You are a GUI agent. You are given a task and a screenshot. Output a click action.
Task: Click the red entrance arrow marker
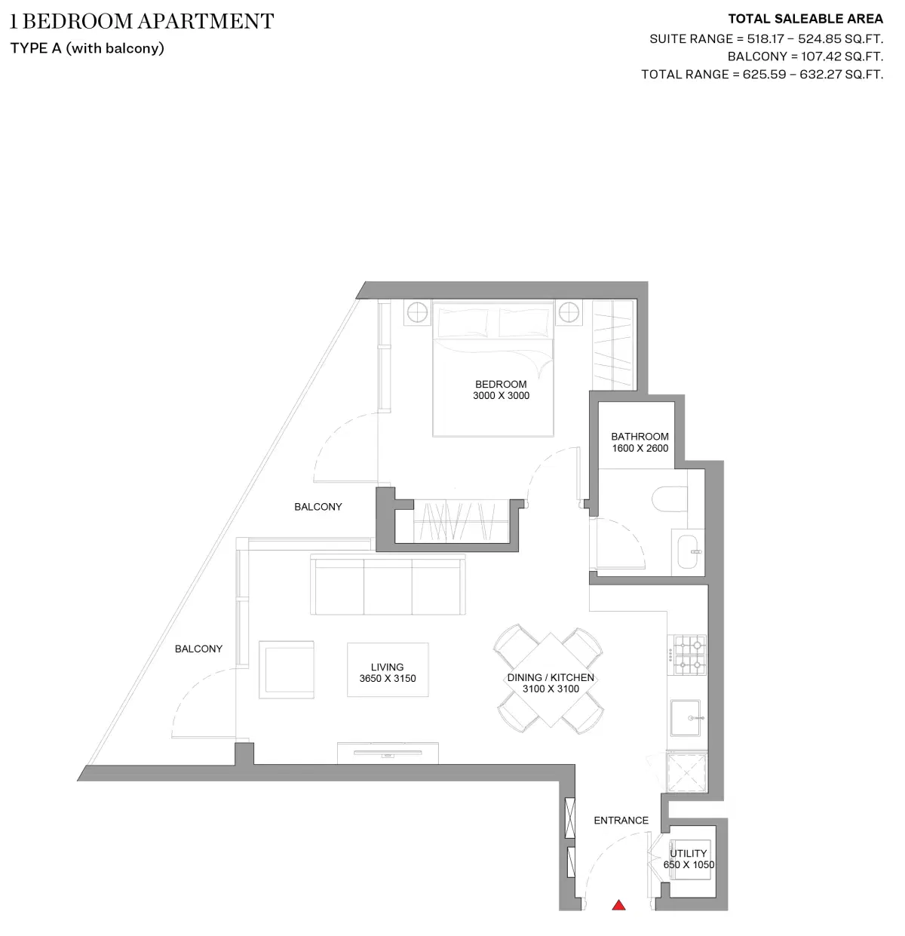tap(618, 905)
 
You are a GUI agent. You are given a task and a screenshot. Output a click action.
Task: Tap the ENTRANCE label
tap(621, 820)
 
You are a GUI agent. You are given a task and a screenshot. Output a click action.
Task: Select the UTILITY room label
tap(689, 853)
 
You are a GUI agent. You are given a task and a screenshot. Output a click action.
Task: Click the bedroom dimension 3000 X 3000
tap(501, 395)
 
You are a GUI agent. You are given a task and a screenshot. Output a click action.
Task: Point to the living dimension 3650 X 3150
tap(387, 678)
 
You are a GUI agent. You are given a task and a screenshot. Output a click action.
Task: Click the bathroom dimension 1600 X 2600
tap(640, 448)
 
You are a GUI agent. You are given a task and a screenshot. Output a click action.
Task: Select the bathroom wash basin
tap(688, 551)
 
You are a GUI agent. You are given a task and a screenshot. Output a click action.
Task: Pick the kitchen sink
tap(688, 717)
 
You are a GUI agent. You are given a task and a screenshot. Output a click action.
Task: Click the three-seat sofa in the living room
tap(388, 587)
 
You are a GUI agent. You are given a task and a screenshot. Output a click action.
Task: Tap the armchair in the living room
tap(287, 669)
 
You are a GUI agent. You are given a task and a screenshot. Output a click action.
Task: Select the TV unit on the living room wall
tap(388, 752)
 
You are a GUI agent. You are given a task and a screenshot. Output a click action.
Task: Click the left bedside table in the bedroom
tap(417, 312)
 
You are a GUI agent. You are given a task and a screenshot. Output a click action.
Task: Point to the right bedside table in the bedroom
tap(569, 312)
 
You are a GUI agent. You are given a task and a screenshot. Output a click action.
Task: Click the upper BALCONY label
tap(318, 507)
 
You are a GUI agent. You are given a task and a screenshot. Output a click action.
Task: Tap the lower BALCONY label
tap(198, 649)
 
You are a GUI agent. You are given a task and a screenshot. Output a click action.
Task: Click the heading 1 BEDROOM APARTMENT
tap(142, 21)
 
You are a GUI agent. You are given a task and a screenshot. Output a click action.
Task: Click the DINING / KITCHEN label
tap(551, 677)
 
